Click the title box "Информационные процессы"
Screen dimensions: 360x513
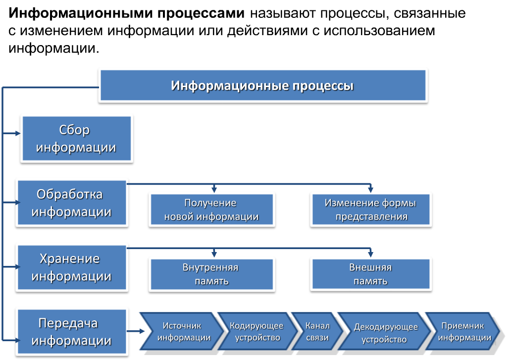pos(262,86)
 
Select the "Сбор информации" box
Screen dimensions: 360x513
pos(76,139)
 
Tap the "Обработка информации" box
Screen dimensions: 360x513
pos(71,203)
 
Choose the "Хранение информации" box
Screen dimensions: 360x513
pos(71,267)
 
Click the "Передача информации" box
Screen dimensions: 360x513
pos(71,332)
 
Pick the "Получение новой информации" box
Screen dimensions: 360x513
pos(211,210)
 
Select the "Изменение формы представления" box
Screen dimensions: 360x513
pos(371,210)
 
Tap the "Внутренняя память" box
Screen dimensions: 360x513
pos(211,274)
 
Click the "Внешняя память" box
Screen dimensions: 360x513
pos(371,274)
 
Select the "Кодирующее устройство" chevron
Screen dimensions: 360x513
pos(255,332)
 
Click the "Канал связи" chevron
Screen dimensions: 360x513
pos(316,332)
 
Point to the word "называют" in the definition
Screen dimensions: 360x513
pos(280,13)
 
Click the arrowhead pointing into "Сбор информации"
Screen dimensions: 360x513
pos(18,133)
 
